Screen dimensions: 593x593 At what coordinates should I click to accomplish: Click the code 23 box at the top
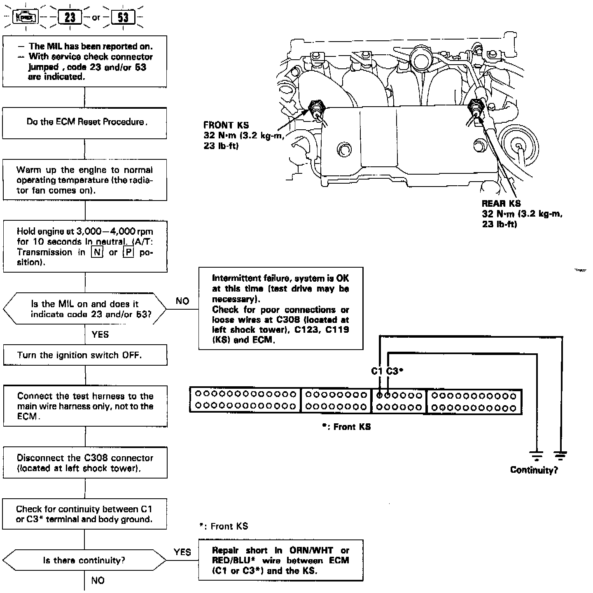(x=70, y=18)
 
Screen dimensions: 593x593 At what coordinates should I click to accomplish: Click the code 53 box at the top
(x=123, y=18)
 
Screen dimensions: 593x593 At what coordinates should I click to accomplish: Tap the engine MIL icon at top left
(x=26, y=18)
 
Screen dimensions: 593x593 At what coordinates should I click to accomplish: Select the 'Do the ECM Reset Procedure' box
(x=85, y=123)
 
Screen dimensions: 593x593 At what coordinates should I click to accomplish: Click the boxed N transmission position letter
(x=97, y=252)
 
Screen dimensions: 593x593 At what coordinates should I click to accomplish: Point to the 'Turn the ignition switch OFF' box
(x=85, y=355)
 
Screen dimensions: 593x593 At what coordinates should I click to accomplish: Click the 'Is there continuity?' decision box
(x=84, y=560)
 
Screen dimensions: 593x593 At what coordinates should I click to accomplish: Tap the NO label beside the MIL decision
(x=182, y=301)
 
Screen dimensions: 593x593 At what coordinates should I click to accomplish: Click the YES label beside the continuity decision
(x=182, y=552)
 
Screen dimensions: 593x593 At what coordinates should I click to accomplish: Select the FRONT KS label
(x=226, y=125)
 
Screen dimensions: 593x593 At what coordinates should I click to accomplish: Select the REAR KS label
(x=501, y=203)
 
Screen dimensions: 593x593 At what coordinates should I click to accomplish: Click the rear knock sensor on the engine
(x=476, y=107)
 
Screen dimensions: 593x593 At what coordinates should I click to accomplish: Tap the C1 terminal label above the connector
(x=377, y=371)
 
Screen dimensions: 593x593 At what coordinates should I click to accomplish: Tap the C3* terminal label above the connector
(x=395, y=371)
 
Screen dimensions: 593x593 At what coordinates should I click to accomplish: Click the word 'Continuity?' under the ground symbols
(x=534, y=470)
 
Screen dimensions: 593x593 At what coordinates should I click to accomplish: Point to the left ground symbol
(x=537, y=455)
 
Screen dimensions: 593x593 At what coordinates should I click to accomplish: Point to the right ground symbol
(x=560, y=455)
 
